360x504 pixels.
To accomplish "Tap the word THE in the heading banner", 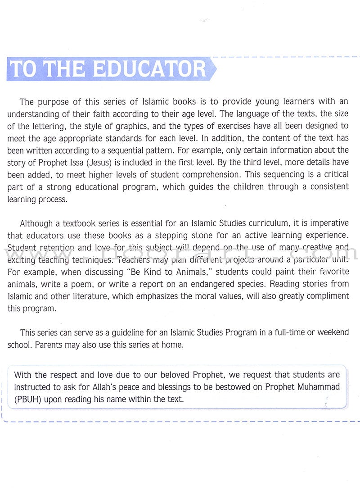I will pos(67,69).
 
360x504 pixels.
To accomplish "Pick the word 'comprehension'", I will pos(197,174).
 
